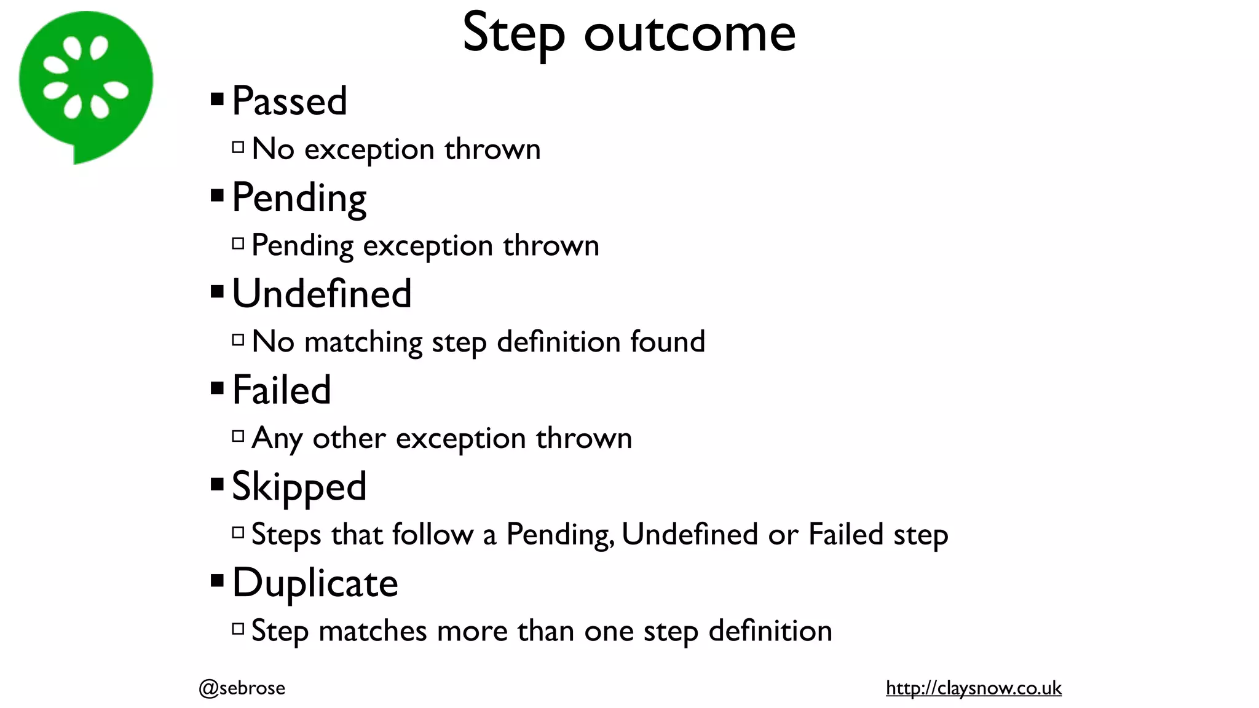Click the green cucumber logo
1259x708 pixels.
tap(85, 83)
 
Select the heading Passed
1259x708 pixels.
tap(290, 101)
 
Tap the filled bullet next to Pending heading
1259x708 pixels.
tap(217, 195)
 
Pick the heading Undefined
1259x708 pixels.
tap(322, 294)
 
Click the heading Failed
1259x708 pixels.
tap(282, 390)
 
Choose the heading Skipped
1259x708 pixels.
tap(299, 487)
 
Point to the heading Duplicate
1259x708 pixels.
tap(315, 583)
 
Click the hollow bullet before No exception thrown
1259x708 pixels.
tap(238, 147)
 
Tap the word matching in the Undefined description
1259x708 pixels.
tap(363, 342)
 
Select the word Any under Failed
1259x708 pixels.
tap(277, 439)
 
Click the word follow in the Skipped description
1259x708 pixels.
tap(432, 534)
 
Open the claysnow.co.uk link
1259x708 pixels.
tap(973, 688)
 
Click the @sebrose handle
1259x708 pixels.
tap(242, 688)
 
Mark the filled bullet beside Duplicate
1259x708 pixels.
tap(217, 581)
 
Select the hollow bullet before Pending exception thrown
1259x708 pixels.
tap(238, 244)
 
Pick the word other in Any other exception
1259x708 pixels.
tap(349, 439)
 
